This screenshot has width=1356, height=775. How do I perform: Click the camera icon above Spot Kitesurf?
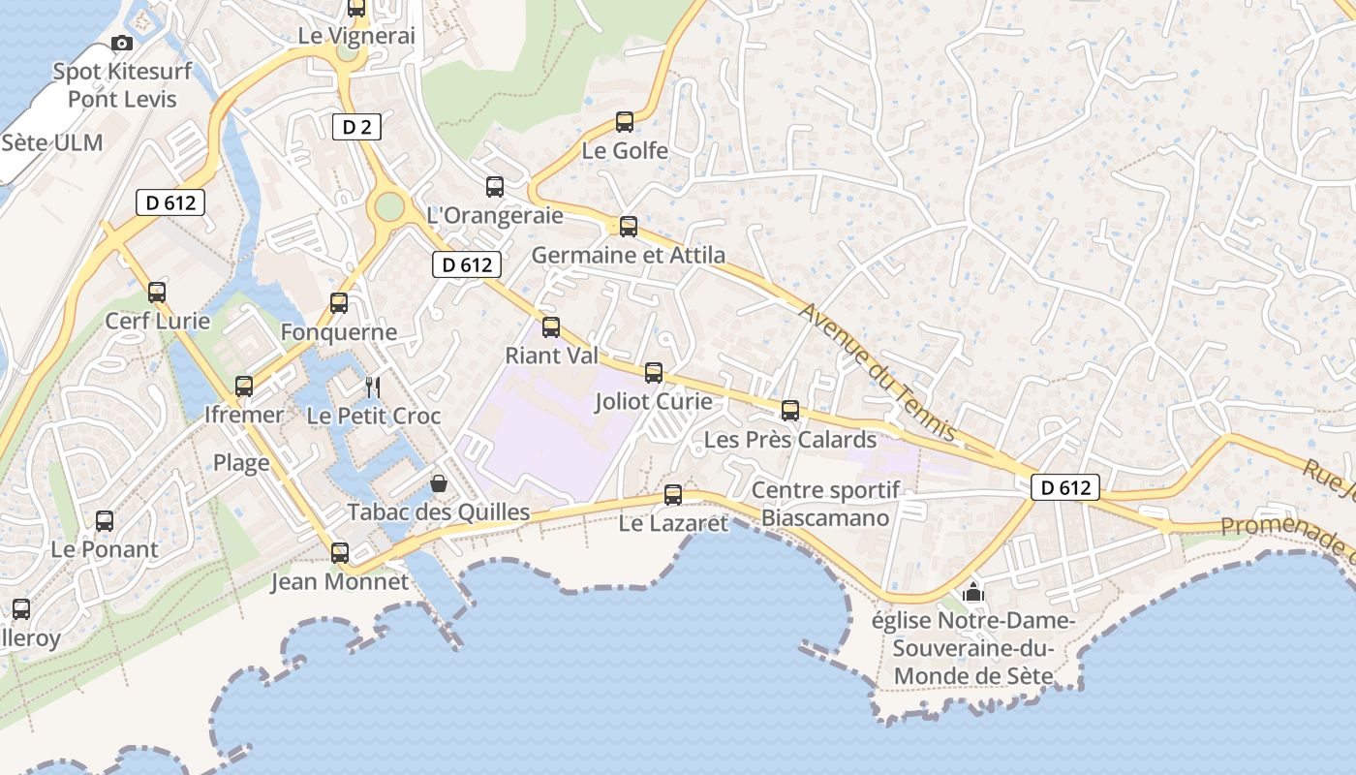pos(122,43)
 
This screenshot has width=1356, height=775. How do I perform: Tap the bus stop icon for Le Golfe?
pos(625,122)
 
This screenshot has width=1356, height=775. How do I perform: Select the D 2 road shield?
pos(356,126)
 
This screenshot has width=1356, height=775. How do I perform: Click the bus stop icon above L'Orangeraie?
pos(495,186)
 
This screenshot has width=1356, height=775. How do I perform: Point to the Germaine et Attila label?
pos(629,256)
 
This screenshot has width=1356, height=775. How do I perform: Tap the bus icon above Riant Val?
pos(551,326)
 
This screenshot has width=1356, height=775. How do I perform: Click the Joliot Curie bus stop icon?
pos(654,372)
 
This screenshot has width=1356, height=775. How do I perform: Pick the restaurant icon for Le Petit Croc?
pos(373,387)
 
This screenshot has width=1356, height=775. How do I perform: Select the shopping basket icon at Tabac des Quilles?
pos(439,482)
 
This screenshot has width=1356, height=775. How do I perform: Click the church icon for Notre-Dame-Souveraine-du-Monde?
pos(973,591)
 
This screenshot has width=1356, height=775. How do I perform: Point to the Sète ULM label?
pos(52,142)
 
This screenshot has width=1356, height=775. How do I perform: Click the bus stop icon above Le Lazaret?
pos(673,495)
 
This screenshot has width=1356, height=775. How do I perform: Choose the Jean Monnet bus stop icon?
pos(340,553)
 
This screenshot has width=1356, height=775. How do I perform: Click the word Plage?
pos(241,463)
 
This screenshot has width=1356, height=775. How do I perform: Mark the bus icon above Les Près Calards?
pos(790,410)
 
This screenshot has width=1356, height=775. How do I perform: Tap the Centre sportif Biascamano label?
pos(825,504)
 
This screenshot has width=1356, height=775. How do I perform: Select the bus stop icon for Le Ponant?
pos(105,520)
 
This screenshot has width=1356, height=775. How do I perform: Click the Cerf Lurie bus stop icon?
pos(157,292)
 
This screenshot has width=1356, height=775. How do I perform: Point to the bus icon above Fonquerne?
pos(339,302)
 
